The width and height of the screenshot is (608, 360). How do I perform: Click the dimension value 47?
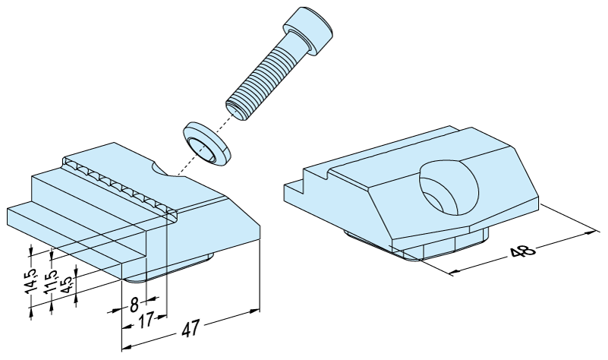(x=191, y=328)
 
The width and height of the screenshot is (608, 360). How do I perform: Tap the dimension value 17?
(x=146, y=321)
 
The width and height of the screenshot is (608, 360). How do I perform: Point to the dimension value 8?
(x=134, y=305)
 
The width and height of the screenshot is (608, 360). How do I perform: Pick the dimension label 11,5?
(x=50, y=282)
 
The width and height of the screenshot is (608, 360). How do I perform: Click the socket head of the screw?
(x=309, y=31)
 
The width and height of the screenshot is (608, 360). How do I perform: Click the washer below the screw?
(x=206, y=144)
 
